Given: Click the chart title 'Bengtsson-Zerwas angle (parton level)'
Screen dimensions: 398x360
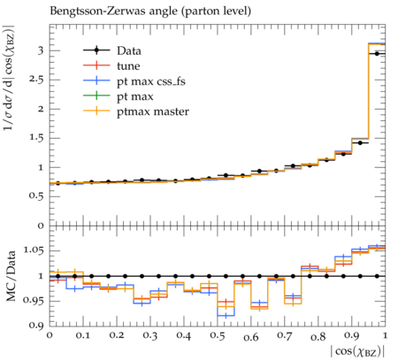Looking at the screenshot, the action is point(150,11).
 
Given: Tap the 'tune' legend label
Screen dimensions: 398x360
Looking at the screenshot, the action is point(128,65).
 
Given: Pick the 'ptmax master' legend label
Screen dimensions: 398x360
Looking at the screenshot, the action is point(153,111).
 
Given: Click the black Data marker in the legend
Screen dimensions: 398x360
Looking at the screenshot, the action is point(96,50).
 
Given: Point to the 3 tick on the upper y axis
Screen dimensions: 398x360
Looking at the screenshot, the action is point(41,50).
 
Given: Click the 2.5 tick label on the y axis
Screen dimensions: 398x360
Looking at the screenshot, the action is point(36,80).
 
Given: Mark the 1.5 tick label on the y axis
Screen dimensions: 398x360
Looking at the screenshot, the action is point(36,138).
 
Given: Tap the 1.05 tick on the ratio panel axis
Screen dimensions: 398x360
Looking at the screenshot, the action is point(33,250).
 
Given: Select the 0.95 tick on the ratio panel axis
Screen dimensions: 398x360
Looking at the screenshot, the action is point(33,301).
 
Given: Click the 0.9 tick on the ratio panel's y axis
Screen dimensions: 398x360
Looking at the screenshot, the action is point(36,326).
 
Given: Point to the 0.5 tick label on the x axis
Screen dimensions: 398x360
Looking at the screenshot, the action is point(218,336).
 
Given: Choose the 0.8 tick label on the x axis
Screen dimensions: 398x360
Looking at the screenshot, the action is point(318,336).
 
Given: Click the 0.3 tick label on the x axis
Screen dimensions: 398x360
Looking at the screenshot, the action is point(150,336).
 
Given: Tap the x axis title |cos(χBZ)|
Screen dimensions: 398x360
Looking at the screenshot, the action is point(357,351).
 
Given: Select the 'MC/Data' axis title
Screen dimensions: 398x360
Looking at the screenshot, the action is point(11,276).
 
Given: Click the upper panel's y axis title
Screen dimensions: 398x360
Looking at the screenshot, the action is point(9,78).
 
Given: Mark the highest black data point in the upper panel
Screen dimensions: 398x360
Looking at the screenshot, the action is point(377,54).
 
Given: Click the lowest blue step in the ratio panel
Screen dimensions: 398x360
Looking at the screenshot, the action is point(226,316).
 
